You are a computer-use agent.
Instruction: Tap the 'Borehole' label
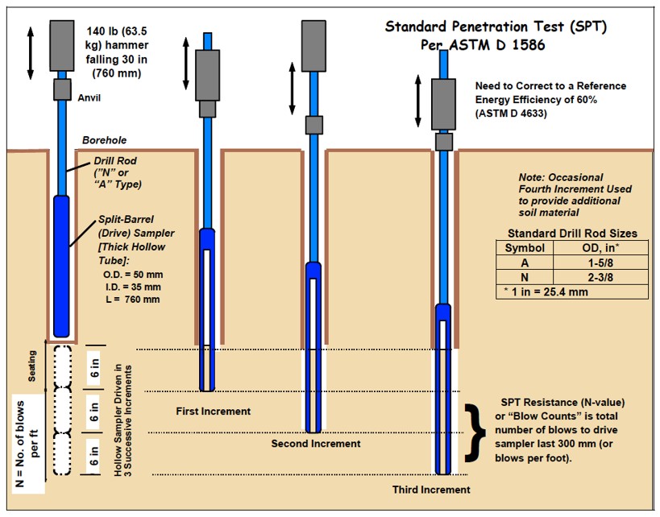(x=104, y=140)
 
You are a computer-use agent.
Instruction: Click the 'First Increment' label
(x=213, y=412)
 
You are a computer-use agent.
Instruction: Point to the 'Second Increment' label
(x=315, y=444)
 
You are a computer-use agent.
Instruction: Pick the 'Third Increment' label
(x=431, y=490)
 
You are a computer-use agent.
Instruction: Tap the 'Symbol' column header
(x=524, y=248)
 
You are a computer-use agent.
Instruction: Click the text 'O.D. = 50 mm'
(x=133, y=275)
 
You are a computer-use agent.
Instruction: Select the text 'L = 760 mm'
(x=133, y=300)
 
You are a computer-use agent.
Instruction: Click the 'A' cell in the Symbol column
(x=524, y=263)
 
